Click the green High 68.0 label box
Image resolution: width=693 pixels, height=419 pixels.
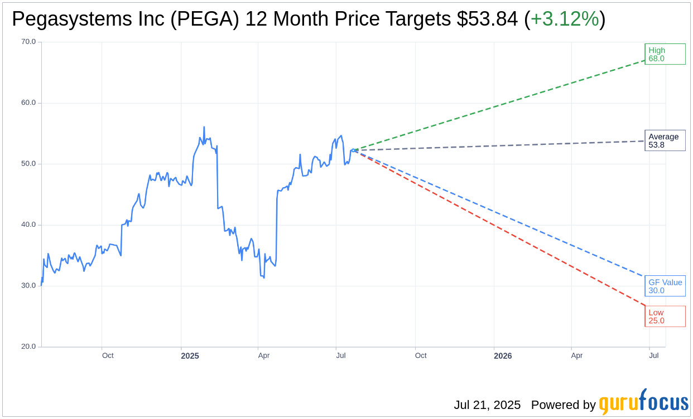point(665,54)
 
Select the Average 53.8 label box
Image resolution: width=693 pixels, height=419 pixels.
point(665,140)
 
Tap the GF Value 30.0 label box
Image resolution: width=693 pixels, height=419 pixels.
point(665,286)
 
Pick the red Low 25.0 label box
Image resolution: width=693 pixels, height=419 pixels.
point(665,316)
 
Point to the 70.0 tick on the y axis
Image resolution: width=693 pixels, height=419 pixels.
point(28,42)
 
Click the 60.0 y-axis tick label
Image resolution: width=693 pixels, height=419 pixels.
point(28,103)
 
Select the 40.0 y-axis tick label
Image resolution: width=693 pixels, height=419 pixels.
point(28,225)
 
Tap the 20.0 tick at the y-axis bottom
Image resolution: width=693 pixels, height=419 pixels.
point(28,347)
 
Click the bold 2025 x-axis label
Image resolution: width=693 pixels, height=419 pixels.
point(190,355)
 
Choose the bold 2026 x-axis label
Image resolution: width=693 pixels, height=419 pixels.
point(503,355)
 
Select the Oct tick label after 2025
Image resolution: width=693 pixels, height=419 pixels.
point(421,355)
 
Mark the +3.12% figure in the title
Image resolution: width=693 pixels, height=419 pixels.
point(564,20)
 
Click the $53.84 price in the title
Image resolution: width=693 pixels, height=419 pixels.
point(487,20)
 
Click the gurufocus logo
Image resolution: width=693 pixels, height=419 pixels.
point(643,402)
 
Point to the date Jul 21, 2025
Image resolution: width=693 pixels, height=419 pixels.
point(487,405)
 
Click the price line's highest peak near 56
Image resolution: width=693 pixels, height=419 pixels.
point(204,127)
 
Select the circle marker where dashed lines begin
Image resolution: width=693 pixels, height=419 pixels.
point(353,150)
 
